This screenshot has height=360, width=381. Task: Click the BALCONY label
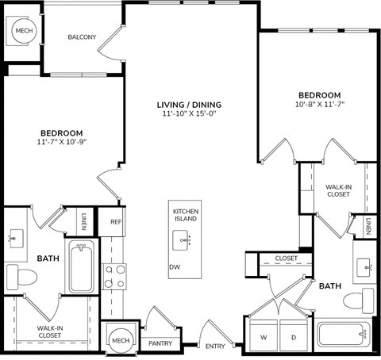[82, 37]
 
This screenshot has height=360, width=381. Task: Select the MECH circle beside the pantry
[120, 341]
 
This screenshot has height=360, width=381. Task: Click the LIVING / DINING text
[187, 105]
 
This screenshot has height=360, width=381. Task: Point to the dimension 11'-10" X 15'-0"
[187, 115]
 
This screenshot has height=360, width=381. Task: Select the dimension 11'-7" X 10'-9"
[62, 143]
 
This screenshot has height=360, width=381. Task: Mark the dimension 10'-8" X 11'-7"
[319, 104]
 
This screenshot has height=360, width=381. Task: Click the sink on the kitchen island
[187, 239]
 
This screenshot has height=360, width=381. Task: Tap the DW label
[175, 267]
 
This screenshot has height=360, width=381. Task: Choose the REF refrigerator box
[115, 222]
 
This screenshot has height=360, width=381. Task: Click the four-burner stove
[115, 275]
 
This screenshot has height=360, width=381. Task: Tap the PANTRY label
[160, 343]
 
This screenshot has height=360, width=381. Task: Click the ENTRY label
[214, 346]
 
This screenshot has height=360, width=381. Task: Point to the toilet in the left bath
[22, 278]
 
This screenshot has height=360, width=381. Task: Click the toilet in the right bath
[358, 301]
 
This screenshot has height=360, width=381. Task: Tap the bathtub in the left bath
[82, 268]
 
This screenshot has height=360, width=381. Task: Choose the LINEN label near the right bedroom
[369, 227]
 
